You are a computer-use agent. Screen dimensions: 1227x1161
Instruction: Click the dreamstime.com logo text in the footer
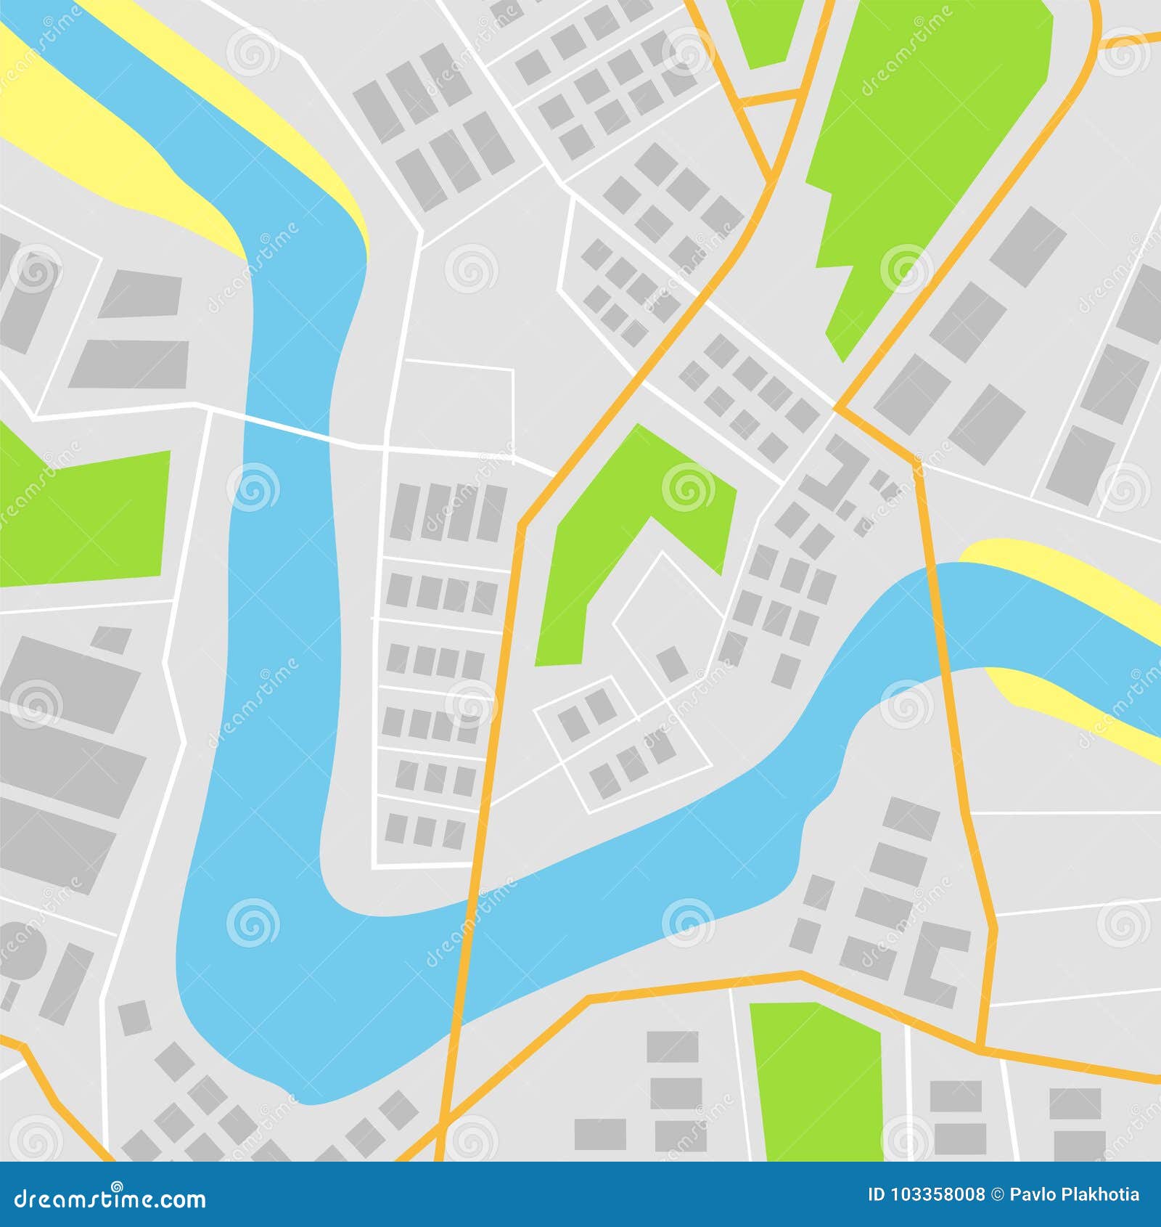point(110,1198)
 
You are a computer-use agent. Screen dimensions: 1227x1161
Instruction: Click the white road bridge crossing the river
point(287,428)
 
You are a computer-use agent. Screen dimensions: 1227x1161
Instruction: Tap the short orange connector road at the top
point(774,96)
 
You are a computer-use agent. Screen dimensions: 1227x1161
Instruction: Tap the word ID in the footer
point(877,1194)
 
